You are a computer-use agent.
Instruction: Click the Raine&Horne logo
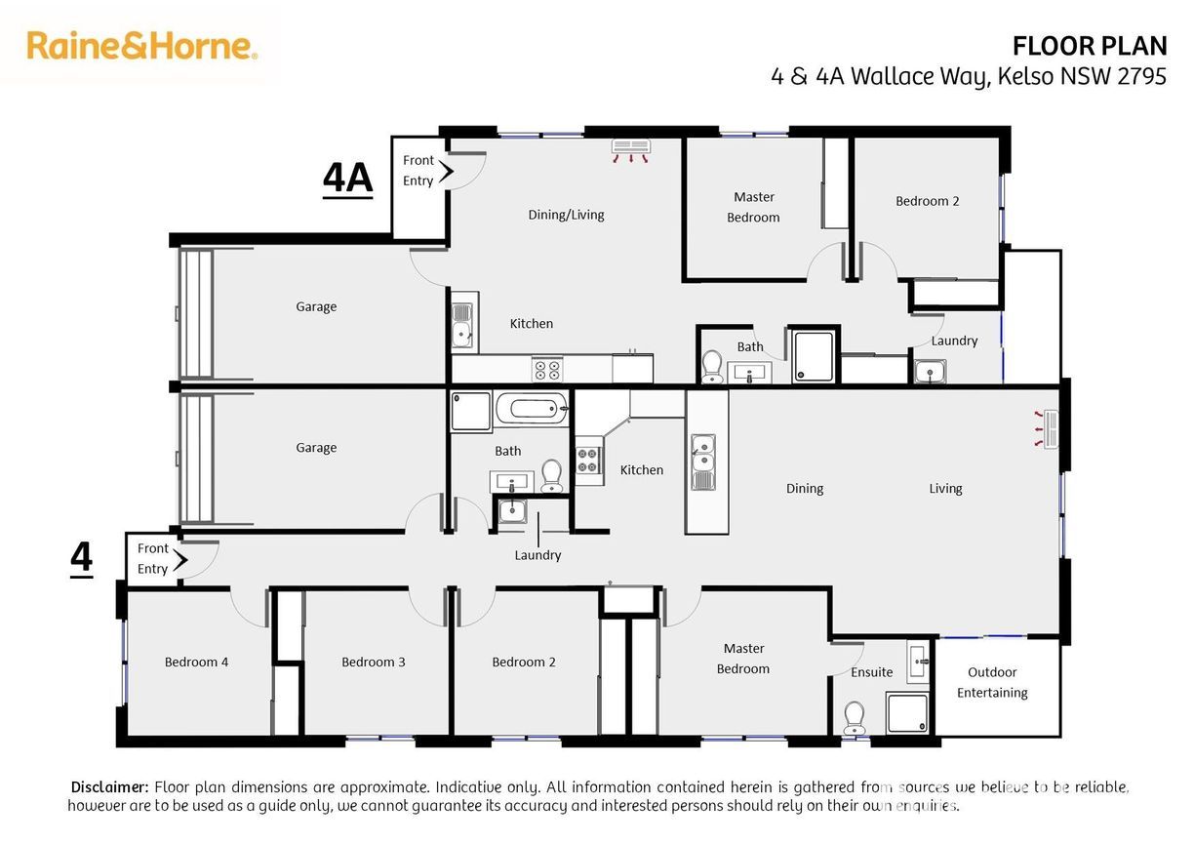pyautogui.click(x=141, y=46)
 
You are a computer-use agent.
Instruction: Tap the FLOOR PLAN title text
pyautogui.click(x=1090, y=47)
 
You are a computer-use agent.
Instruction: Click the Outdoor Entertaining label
pyautogui.click(x=992, y=682)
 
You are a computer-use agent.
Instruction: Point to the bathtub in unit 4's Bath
pyautogui.click(x=532, y=409)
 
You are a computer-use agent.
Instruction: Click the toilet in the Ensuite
pyautogui.click(x=855, y=717)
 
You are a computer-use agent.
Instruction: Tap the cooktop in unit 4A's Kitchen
pyautogui.click(x=547, y=370)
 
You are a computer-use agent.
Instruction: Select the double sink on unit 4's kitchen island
pyautogui.click(x=703, y=462)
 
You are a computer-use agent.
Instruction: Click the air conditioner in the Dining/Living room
pyautogui.click(x=630, y=150)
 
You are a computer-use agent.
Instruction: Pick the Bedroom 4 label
pyautogui.click(x=196, y=663)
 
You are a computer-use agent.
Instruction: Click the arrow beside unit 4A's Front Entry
pyautogui.click(x=446, y=171)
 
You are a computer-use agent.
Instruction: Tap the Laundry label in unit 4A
pyautogui.click(x=954, y=342)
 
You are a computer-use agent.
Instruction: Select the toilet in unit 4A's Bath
pyautogui.click(x=712, y=367)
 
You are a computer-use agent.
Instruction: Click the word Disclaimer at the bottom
pyautogui.click(x=110, y=787)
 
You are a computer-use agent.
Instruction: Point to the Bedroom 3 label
pyautogui.click(x=373, y=663)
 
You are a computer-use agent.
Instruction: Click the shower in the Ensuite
pyautogui.click(x=907, y=712)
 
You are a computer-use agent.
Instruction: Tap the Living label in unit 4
pyautogui.click(x=945, y=489)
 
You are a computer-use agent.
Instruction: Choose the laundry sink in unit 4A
pyautogui.click(x=931, y=371)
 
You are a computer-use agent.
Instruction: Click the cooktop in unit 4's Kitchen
pyautogui.click(x=588, y=461)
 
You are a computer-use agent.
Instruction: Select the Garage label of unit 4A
pyautogui.click(x=316, y=307)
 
